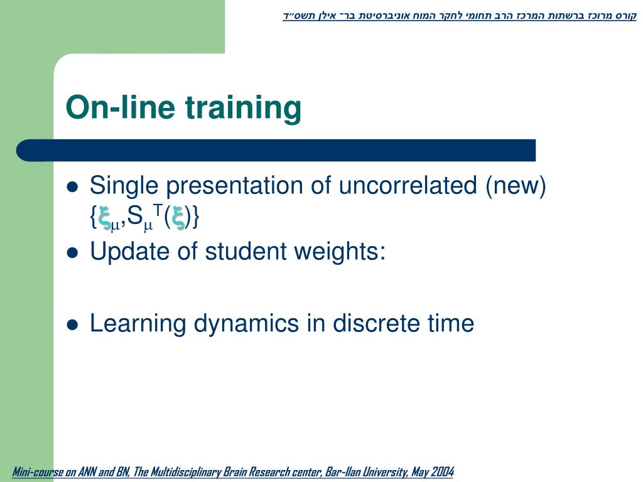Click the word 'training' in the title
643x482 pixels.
(x=243, y=108)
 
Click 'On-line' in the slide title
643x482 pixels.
(x=120, y=107)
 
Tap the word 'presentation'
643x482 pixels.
(x=235, y=186)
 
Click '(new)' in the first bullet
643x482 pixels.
(x=516, y=186)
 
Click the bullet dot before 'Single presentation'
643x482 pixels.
(x=72, y=187)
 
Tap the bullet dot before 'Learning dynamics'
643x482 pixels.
(x=72, y=324)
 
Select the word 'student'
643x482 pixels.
(x=246, y=251)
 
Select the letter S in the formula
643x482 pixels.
(x=134, y=216)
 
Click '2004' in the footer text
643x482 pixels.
(x=442, y=472)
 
